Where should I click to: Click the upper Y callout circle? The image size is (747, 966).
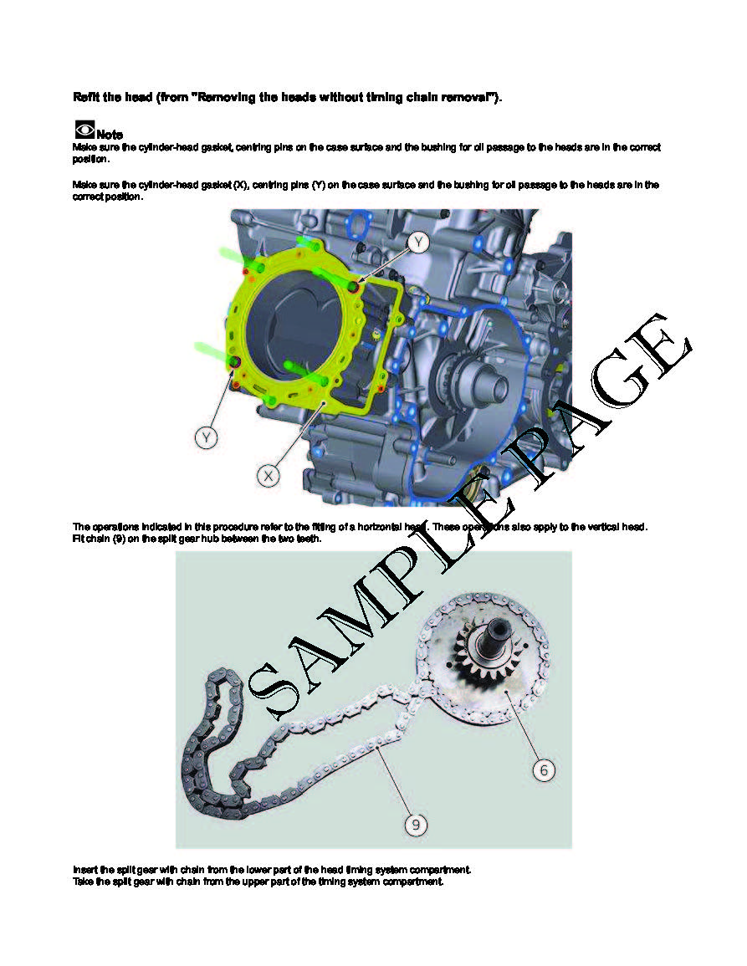click(x=418, y=242)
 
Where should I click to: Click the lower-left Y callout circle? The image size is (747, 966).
click(x=207, y=438)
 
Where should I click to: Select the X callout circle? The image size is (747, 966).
click(x=269, y=476)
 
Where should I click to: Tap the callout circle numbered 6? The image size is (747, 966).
click(x=544, y=770)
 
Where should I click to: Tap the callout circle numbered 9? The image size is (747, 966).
click(x=416, y=825)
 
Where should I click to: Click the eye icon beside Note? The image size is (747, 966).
click(x=84, y=130)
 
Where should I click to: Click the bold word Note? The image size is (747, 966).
click(x=110, y=135)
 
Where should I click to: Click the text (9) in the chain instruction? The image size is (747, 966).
click(x=120, y=539)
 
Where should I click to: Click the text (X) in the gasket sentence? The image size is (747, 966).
click(x=241, y=185)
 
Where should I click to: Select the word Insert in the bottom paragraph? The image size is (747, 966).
click(x=84, y=870)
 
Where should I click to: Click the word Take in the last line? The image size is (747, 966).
click(x=83, y=882)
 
